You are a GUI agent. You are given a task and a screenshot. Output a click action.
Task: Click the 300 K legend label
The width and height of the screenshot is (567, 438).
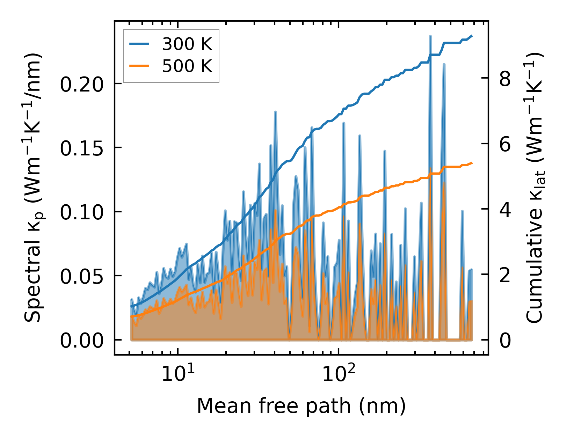click(187, 44)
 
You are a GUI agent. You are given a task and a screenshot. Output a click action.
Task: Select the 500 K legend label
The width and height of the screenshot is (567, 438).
click(187, 66)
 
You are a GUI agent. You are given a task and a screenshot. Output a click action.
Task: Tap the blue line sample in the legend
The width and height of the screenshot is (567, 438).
click(139, 44)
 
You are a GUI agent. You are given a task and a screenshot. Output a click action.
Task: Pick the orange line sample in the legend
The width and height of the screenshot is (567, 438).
click(139, 66)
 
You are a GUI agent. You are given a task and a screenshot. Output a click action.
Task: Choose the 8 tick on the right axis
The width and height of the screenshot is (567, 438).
click(505, 79)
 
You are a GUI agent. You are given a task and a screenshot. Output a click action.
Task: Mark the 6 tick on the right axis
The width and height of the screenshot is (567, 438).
click(505, 144)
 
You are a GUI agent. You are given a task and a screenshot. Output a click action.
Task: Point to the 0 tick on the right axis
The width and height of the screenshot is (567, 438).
click(505, 340)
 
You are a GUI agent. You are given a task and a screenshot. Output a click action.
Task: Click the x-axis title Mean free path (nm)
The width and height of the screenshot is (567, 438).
click(301, 406)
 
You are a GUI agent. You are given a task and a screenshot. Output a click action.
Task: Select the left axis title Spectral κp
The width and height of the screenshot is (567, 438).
click(34, 188)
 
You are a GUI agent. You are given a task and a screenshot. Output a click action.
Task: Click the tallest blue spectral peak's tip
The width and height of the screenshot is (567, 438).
click(430, 36)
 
